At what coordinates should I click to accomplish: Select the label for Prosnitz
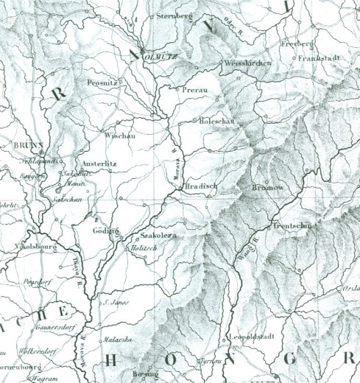102,82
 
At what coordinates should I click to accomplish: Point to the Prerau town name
189,90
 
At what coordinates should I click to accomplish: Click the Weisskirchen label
247,63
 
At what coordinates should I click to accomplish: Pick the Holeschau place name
216,120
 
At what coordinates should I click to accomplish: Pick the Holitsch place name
144,250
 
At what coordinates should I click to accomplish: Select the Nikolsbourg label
35,246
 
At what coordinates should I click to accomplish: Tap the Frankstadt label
317,57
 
